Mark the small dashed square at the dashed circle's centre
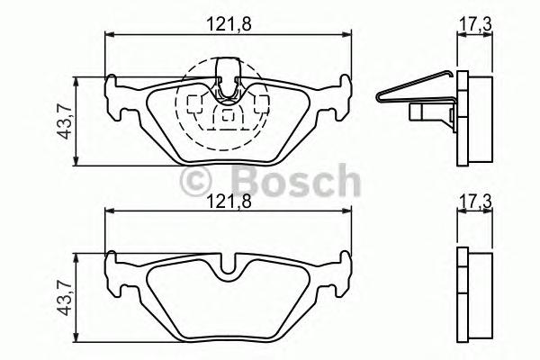pyautogui.click(x=227, y=114)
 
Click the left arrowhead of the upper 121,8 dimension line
pyautogui.click(x=110, y=35)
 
